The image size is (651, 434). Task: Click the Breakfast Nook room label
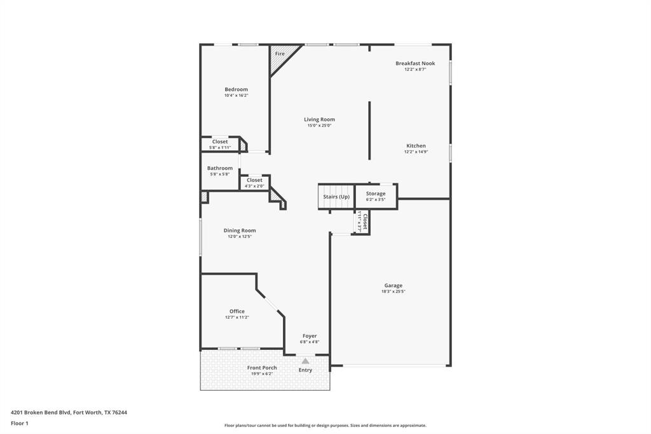(415, 64)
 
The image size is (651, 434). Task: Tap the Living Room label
(319, 120)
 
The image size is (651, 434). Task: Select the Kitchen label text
(416, 146)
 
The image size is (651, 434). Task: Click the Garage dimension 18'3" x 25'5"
(393, 291)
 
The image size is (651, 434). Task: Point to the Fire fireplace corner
(280, 54)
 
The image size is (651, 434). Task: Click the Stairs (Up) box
(336, 197)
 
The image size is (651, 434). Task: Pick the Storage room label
(375, 193)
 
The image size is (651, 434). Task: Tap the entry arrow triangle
(305, 361)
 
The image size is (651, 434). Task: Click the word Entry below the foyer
(305, 370)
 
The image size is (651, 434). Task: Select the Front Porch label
(262, 368)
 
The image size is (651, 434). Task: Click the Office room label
(236, 311)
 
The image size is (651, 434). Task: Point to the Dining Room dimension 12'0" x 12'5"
(240, 237)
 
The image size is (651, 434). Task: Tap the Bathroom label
(219, 168)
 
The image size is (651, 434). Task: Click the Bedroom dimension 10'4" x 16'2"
(236, 95)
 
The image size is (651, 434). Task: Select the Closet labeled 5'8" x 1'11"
(220, 142)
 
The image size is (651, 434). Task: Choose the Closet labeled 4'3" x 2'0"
(254, 180)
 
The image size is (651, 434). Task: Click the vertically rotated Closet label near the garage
(365, 221)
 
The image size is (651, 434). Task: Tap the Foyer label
(310, 336)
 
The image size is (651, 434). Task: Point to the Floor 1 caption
(20, 423)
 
